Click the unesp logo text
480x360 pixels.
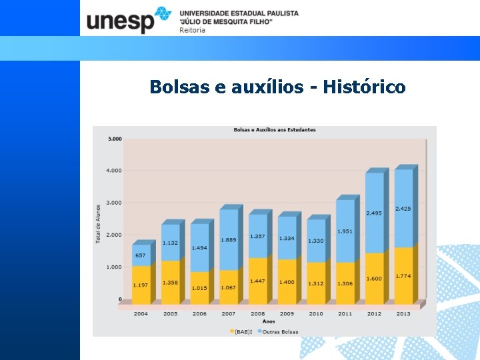(121, 21)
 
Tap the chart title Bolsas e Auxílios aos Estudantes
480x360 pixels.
(274, 129)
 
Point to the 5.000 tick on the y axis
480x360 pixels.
(115, 139)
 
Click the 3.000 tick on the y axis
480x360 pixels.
(115, 203)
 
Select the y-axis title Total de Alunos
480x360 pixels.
(98, 223)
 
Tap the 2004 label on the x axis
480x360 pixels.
(141, 313)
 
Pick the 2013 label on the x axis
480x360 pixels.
(403, 313)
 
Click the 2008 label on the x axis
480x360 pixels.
(257, 313)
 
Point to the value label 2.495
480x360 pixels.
(374, 213)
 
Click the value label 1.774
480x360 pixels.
(403, 276)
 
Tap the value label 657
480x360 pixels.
(141, 255)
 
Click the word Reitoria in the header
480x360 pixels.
(193, 30)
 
